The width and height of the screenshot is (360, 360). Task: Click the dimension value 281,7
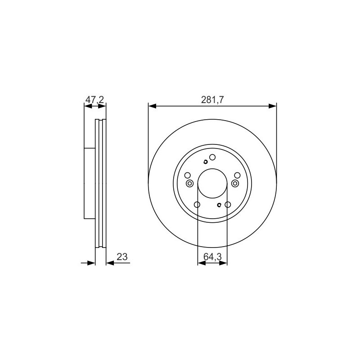click(x=212, y=100)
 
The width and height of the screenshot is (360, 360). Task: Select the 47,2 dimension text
click(x=94, y=100)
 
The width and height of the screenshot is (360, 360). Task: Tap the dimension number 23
click(x=122, y=256)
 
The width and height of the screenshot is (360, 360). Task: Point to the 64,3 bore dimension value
click(x=212, y=257)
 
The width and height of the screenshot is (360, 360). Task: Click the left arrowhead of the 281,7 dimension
click(x=152, y=106)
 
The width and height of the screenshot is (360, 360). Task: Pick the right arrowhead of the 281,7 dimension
click(x=273, y=106)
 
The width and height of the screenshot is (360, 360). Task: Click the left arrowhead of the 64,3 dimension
click(x=201, y=263)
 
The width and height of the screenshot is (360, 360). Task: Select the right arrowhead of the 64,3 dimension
click(x=223, y=263)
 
